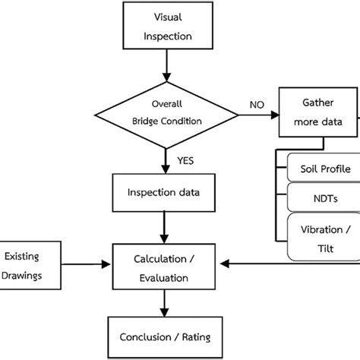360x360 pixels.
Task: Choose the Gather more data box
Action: (319, 112)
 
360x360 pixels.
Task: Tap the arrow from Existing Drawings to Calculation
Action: (85, 265)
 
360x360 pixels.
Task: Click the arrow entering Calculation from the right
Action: (289, 265)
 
